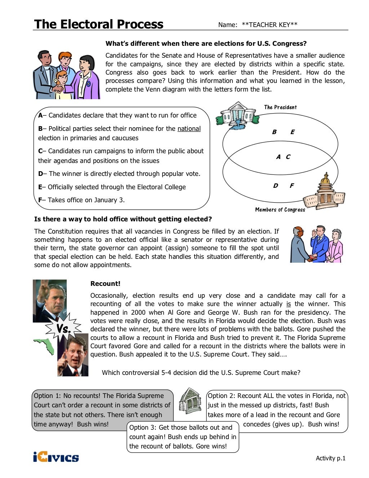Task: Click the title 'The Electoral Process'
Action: click(x=98, y=24)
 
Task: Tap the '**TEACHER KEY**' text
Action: click(x=270, y=25)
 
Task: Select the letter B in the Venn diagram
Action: click(x=274, y=132)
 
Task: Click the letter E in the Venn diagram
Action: click(x=292, y=132)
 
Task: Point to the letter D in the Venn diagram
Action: click(x=275, y=186)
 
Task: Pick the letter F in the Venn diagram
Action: click(x=292, y=186)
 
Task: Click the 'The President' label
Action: click(x=280, y=107)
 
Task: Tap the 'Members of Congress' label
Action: click(x=280, y=209)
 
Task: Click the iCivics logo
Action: click(x=56, y=457)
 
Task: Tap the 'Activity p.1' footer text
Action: click(x=330, y=458)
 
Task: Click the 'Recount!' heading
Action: click(x=105, y=283)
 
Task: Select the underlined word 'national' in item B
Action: click(x=189, y=129)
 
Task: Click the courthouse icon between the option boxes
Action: click(x=190, y=401)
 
